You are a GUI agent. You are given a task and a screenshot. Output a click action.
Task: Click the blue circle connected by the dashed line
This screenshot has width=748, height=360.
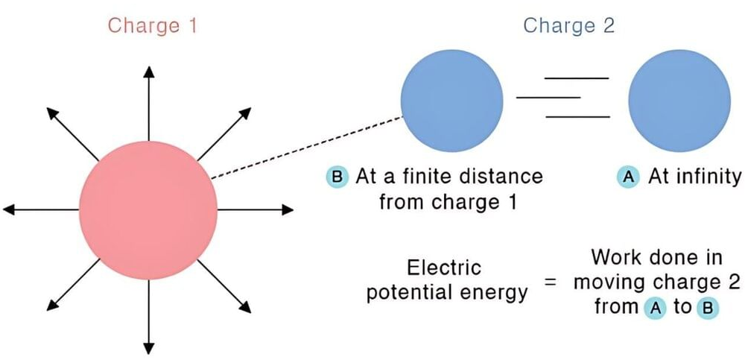pyautogui.click(x=451, y=98)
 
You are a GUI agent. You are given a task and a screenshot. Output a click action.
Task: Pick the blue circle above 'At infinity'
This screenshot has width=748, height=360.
pyautogui.click(x=678, y=98)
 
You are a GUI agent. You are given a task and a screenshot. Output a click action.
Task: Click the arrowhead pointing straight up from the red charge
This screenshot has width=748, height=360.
pyautogui.click(x=149, y=72)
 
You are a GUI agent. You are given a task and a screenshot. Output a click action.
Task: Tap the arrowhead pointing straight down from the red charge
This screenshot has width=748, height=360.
pyautogui.click(x=149, y=347)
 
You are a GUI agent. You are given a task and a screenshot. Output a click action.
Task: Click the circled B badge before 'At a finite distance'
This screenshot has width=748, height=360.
pyautogui.click(x=336, y=177)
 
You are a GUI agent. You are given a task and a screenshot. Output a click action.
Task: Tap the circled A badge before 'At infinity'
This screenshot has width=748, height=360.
pyautogui.click(x=627, y=177)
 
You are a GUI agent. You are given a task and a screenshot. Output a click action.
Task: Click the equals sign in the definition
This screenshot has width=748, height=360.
pyautogui.click(x=550, y=287)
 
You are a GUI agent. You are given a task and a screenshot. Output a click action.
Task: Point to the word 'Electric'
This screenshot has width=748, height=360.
pyautogui.click(x=444, y=268)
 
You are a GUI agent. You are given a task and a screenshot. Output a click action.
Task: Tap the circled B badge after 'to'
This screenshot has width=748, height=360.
pyautogui.click(x=705, y=308)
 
